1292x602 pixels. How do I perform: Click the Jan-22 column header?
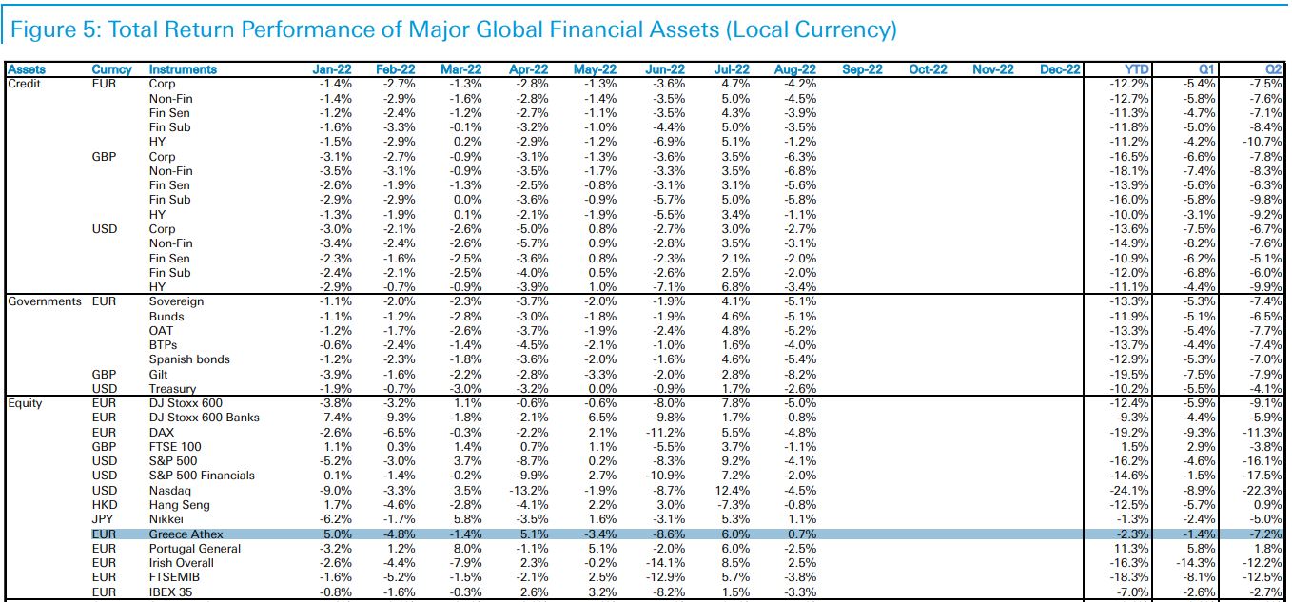[333, 69]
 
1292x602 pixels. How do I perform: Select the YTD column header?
[1135, 69]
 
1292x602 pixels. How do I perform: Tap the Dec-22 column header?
[1060, 69]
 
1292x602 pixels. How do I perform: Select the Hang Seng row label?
[179, 505]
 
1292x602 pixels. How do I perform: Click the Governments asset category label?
[45, 301]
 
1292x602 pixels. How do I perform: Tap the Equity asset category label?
[26, 403]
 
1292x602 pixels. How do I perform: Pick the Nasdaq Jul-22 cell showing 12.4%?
[732, 490]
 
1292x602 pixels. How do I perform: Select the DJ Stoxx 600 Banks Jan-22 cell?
[338, 418]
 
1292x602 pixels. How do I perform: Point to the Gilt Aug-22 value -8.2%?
[798, 375]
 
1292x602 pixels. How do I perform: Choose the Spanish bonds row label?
[189, 359]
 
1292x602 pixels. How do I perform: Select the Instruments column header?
[183, 69]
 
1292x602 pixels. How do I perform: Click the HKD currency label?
[105, 505]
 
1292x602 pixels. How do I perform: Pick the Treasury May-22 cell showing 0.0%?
[603, 389]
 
